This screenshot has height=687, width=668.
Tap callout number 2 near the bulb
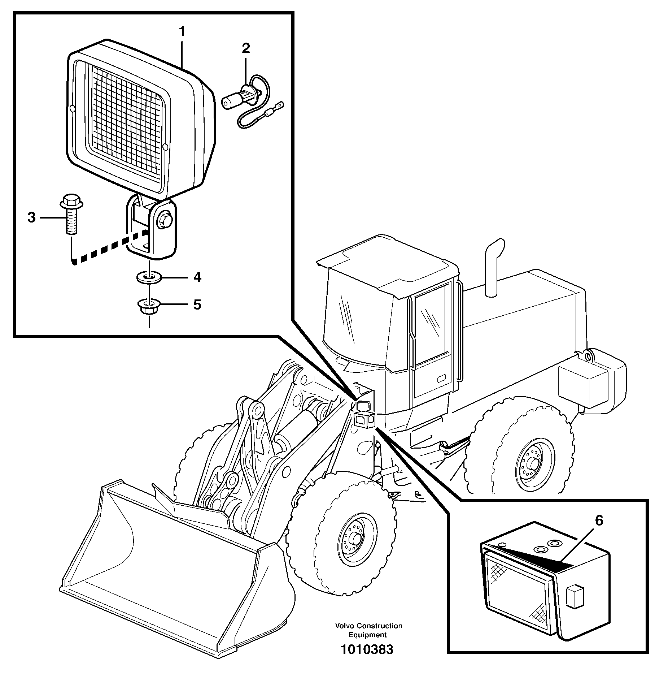pyautogui.click(x=246, y=48)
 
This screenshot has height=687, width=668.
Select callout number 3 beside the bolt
pyautogui.click(x=32, y=217)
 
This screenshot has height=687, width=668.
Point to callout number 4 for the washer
pyautogui.click(x=197, y=277)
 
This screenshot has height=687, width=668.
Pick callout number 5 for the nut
pyautogui.click(x=197, y=304)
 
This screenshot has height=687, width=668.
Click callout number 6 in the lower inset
pyautogui.click(x=599, y=521)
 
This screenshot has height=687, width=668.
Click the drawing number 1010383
pyautogui.click(x=367, y=649)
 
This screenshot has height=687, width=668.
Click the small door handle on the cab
pyautogui.click(x=442, y=379)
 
